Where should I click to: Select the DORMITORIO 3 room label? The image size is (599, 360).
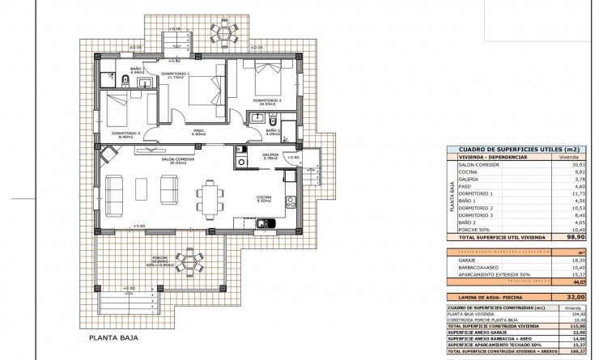(125, 133)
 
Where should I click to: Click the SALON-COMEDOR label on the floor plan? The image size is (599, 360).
(177, 160)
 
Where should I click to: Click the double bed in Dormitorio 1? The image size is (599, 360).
(208, 89)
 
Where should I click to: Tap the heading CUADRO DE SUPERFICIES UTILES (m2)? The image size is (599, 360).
(517, 150)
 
